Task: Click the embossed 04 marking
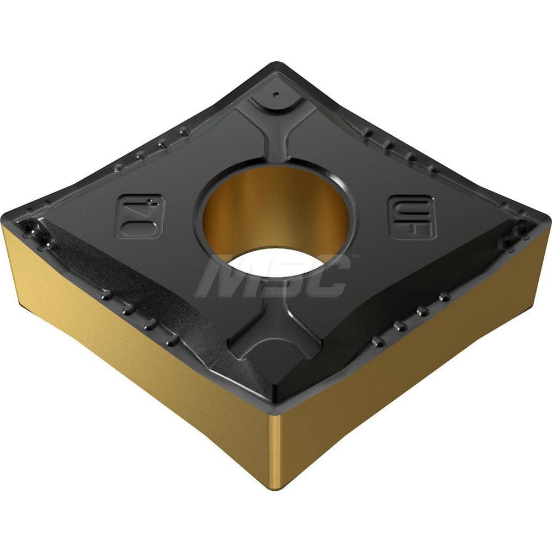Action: coord(139,215)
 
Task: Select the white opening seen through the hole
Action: coord(276,262)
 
